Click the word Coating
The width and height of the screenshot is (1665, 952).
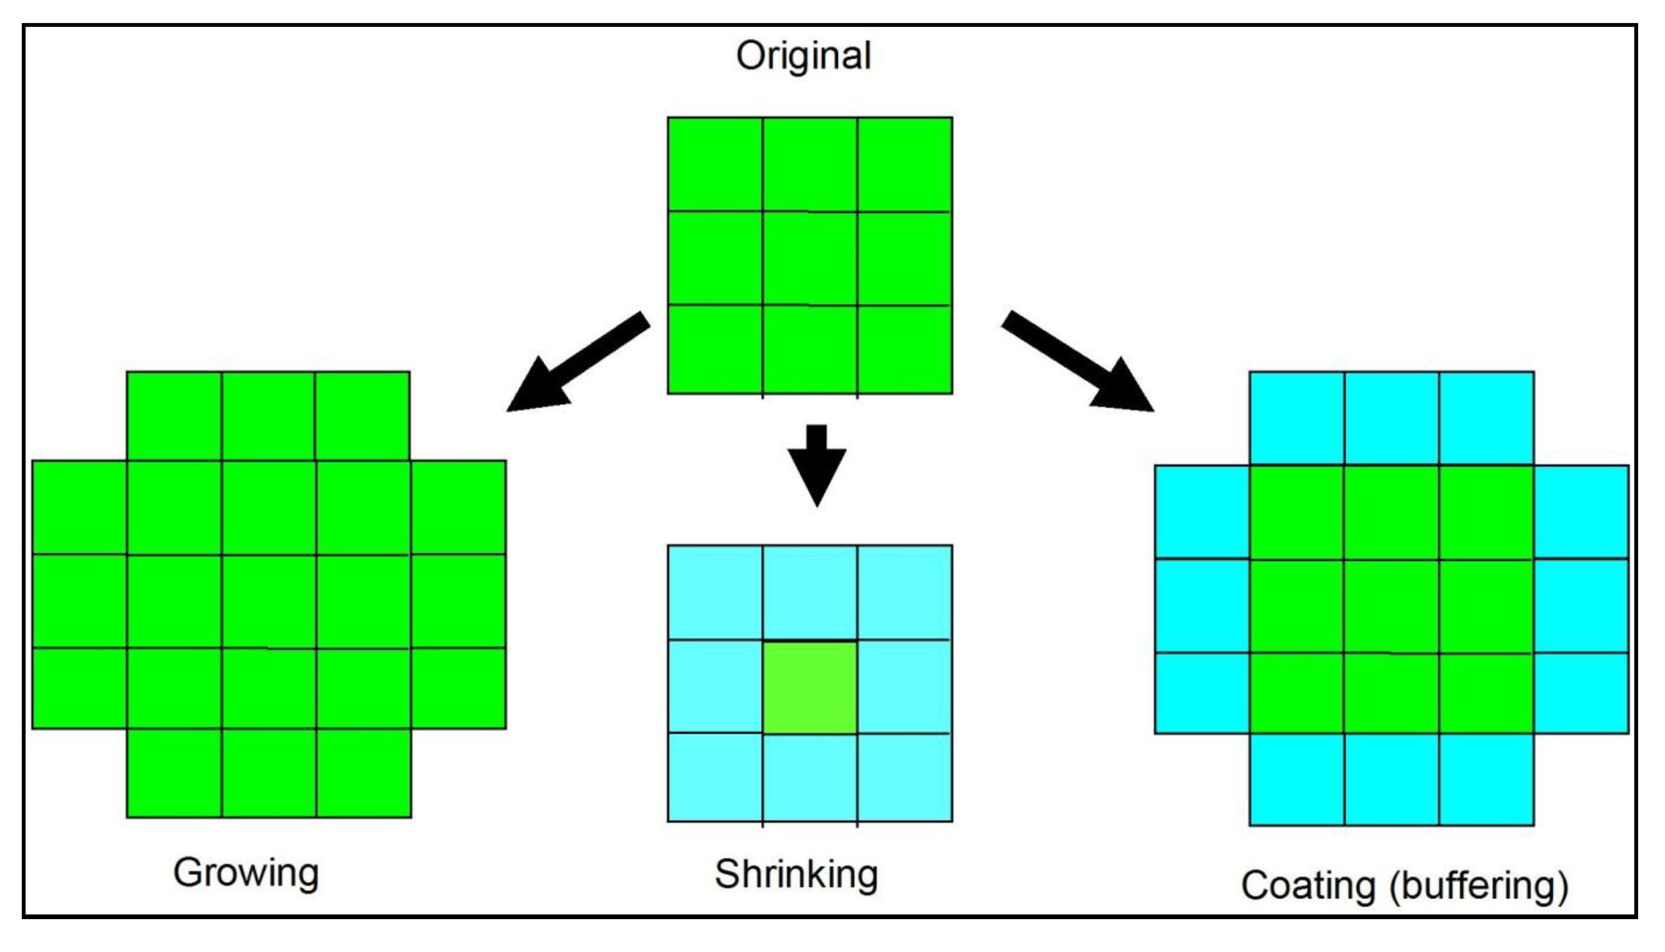(x=1308, y=885)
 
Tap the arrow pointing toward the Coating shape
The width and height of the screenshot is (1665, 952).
(x=1079, y=362)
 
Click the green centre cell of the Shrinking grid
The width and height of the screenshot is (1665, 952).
(x=810, y=687)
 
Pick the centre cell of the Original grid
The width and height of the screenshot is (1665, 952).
(x=810, y=258)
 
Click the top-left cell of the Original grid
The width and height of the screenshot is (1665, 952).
(x=715, y=164)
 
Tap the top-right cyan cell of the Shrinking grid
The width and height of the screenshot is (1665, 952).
(x=904, y=592)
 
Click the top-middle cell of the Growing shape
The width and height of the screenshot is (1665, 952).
(x=268, y=416)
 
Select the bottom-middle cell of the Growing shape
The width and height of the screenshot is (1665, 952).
(x=269, y=773)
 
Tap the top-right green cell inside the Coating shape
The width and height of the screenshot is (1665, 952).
(x=1486, y=512)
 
